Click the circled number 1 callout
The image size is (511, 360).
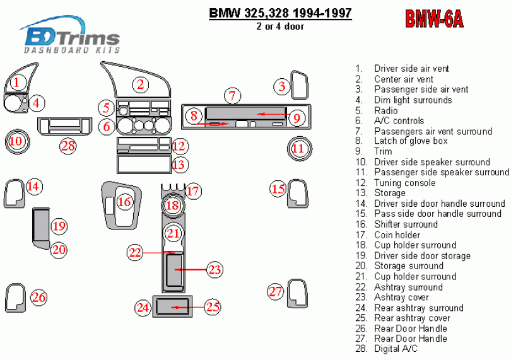coord(17,81)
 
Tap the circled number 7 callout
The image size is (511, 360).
coord(232,96)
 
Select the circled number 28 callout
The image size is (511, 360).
coord(68,146)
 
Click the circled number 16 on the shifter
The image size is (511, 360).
coord(124,202)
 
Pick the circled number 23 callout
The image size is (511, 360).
coord(215,270)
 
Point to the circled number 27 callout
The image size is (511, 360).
coord(275,291)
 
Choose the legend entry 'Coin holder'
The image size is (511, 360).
coord(397,235)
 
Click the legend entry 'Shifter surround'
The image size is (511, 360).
coord(406,224)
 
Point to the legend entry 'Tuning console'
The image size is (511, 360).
coord(404,183)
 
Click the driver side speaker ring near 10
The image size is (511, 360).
coord(16,141)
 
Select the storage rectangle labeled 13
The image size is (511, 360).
coord(143,165)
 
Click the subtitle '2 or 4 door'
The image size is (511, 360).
coord(280,26)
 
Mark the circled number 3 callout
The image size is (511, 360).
coord(282,86)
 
